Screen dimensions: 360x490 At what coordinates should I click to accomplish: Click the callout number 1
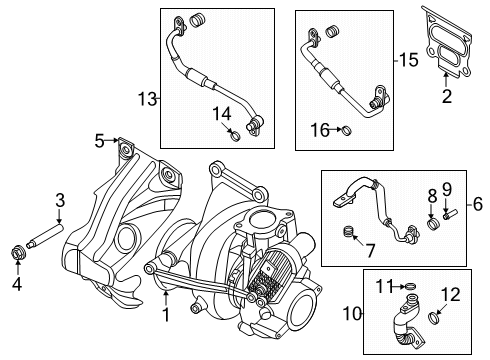166,315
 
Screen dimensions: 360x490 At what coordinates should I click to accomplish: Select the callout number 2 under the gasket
447,96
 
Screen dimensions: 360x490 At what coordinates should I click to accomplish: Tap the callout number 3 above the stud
59,200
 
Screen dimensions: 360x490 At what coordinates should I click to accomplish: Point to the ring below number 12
436,320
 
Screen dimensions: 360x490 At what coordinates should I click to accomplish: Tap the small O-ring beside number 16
345,130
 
